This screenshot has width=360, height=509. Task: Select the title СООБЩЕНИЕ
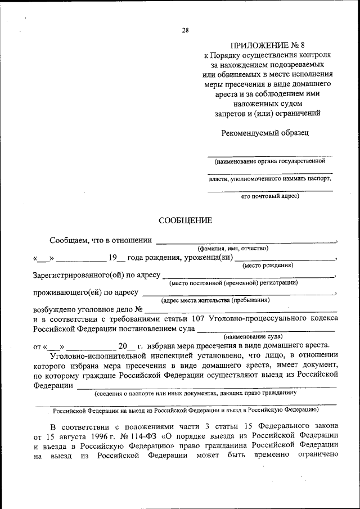tap(185, 220)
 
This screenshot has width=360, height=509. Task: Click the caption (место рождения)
tap(268, 265)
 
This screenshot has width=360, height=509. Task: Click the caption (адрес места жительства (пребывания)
tap(215, 300)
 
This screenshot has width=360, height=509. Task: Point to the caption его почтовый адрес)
tap(270, 196)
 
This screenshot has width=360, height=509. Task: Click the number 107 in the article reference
tap(197, 318)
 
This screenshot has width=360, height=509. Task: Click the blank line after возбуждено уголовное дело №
tap(242, 309)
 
